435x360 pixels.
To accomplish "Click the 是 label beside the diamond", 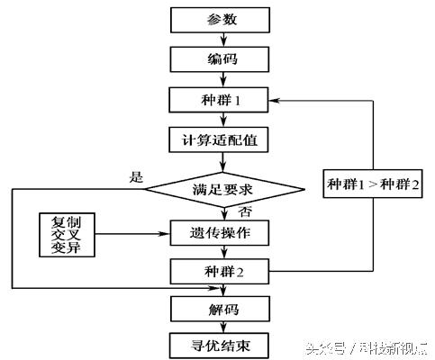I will tap(137, 176).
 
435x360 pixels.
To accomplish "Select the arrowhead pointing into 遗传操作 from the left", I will tap(165, 235).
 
